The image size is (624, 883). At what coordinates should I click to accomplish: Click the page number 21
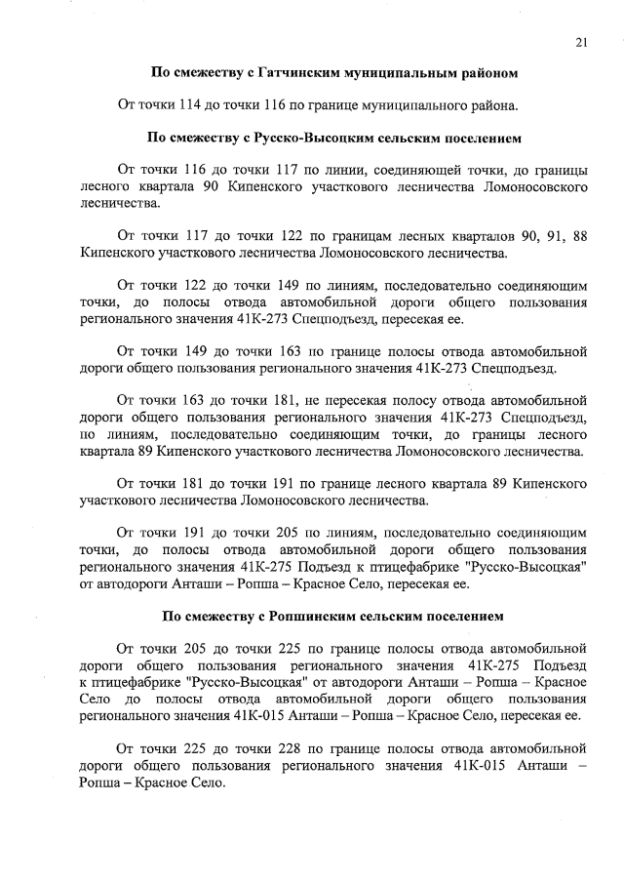click(x=581, y=41)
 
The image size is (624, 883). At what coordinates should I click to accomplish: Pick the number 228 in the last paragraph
click(x=290, y=749)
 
